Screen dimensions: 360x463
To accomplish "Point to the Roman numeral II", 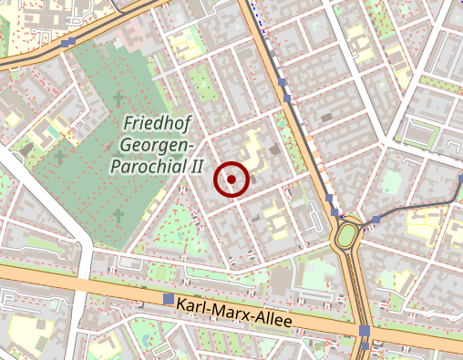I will (x=194, y=167).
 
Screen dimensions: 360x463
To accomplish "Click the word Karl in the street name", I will (x=194, y=306).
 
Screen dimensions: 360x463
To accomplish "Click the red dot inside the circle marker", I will (x=231, y=180).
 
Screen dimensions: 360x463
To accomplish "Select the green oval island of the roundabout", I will (x=346, y=237).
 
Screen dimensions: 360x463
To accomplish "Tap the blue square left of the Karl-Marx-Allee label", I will (x=168, y=299).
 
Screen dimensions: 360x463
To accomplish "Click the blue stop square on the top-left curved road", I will (x=70, y=42).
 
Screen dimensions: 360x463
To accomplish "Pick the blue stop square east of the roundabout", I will (x=376, y=220).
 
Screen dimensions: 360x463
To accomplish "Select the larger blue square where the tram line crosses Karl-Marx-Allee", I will (x=364, y=331).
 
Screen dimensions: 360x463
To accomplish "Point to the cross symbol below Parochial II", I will (x=118, y=215).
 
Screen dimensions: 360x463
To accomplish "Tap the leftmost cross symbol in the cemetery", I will (x=60, y=157).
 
